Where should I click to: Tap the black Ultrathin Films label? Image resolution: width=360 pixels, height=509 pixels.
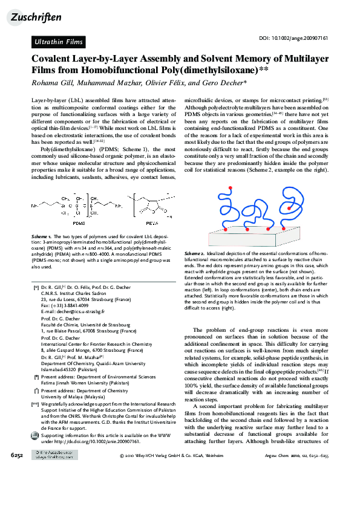(x=57, y=42)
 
